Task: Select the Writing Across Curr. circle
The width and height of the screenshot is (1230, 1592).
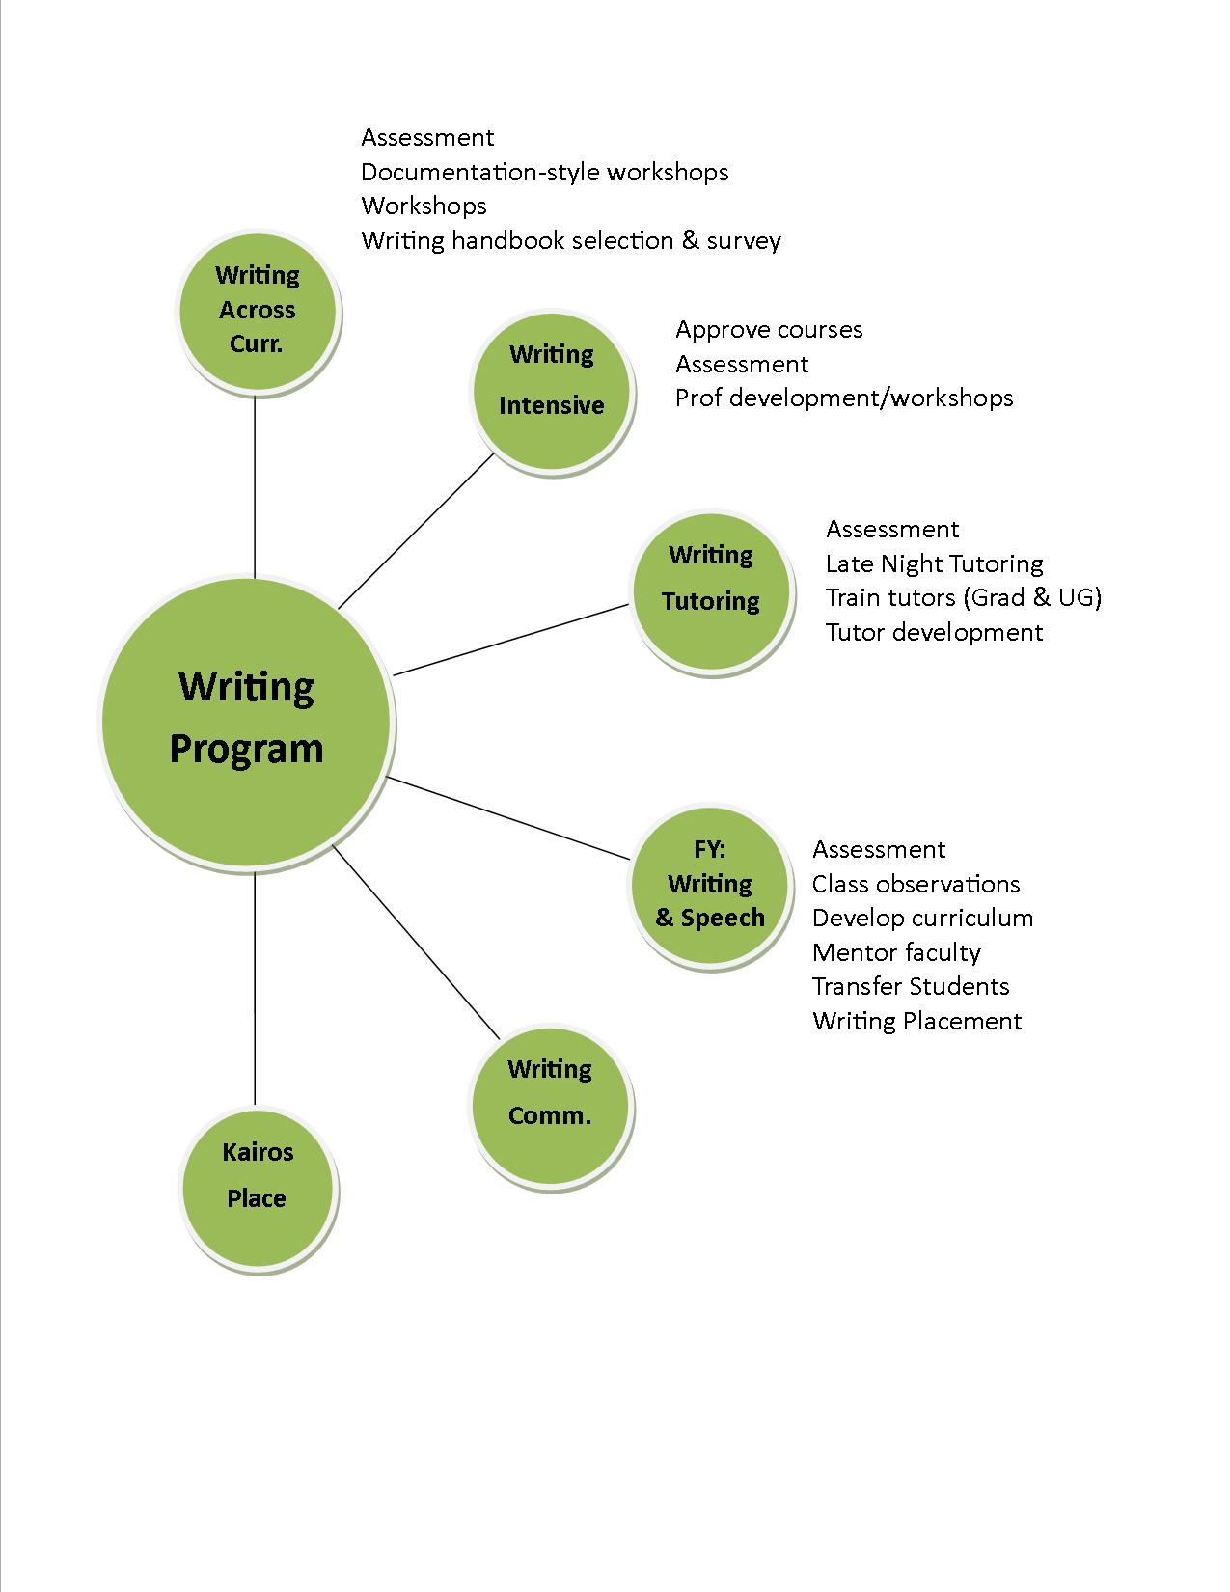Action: click(258, 311)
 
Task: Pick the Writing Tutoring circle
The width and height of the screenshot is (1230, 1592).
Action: click(712, 590)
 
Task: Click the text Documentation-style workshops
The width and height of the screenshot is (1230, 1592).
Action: click(545, 173)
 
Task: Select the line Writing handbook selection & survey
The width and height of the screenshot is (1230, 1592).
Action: click(571, 240)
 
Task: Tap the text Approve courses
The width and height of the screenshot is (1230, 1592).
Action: click(769, 330)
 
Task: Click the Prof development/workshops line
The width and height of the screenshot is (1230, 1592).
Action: click(844, 398)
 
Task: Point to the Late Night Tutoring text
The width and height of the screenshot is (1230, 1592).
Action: click(934, 563)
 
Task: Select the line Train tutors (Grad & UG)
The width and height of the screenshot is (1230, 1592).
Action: click(963, 597)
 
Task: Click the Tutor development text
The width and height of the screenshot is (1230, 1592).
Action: click(934, 632)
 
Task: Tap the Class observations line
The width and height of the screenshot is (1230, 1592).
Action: click(916, 884)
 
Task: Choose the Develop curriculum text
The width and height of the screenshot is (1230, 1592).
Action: click(922, 918)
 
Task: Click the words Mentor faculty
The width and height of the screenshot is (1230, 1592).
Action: click(896, 952)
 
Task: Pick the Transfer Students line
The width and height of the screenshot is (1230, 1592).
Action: click(911, 986)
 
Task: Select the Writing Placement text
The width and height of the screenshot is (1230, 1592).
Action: click(916, 1021)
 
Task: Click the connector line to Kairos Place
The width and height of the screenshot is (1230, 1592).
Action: click(255, 984)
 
